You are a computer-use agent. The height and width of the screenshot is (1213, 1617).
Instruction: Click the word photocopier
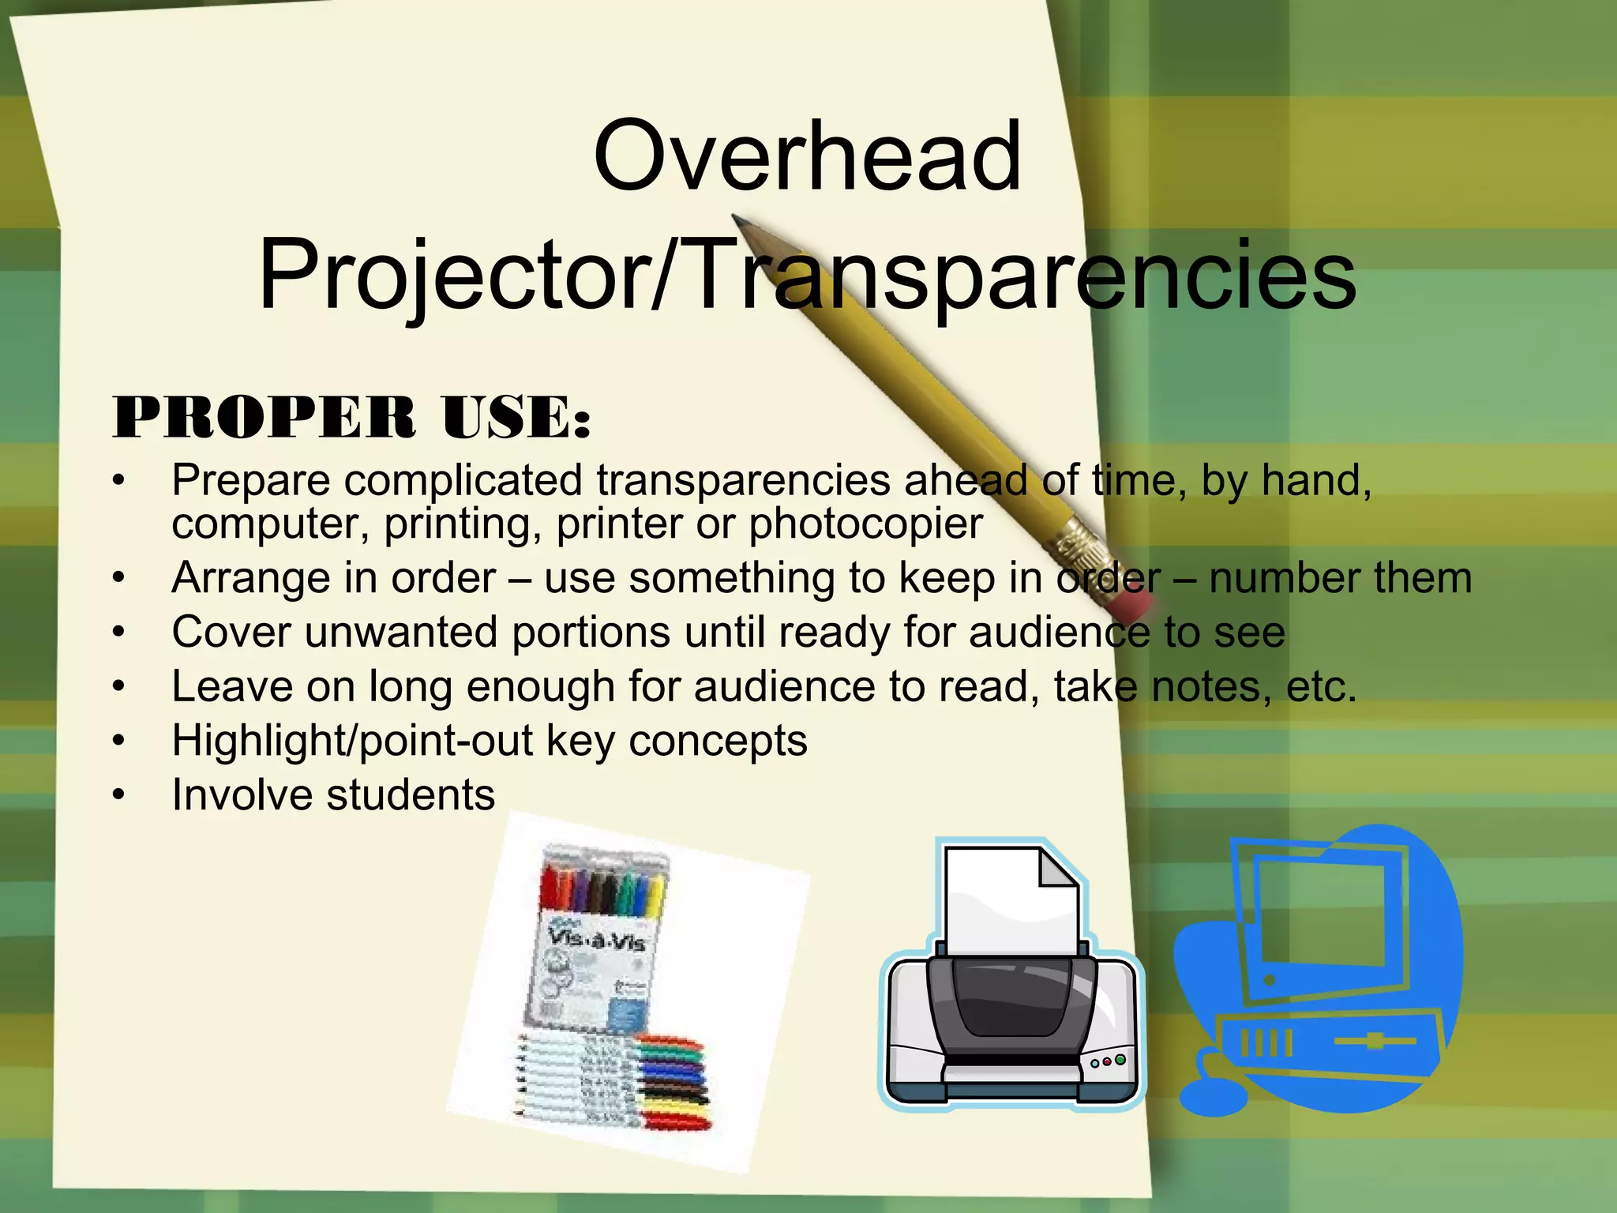pyautogui.click(x=865, y=524)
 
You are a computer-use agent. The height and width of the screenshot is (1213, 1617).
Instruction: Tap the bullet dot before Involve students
pyautogui.click(x=118, y=795)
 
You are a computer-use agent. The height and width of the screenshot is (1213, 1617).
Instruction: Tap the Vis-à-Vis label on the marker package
pyautogui.click(x=596, y=940)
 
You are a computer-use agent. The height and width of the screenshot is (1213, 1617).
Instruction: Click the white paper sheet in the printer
pyautogui.click(x=1010, y=900)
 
